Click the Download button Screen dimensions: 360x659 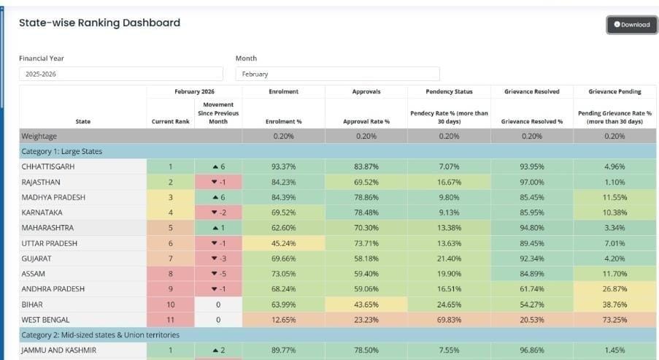[631, 24]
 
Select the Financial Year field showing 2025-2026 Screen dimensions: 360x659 [120, 74]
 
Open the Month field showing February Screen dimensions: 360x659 [337, 74]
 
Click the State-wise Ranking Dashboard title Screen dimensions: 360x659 [99, 23]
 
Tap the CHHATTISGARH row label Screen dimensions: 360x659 [48, 166]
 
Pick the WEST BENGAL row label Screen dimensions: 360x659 [46, 319]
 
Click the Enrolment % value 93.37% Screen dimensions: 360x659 [283, 166]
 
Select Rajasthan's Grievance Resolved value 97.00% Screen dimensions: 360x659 [531, 182]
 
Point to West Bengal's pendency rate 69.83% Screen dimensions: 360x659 [449, 319]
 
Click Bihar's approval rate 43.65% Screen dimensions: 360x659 [366, 304]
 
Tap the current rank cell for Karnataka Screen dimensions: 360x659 [170, 212]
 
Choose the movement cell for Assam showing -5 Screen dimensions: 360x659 [217, 274]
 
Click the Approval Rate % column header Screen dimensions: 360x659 [366, 121]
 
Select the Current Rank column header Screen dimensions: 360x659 [170, 121]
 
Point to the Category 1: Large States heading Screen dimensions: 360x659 [62, 151]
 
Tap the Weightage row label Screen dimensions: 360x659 [39, 136]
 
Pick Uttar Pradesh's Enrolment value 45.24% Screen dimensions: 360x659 [283, 243]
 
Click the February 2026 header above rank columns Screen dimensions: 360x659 [193, 91]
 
